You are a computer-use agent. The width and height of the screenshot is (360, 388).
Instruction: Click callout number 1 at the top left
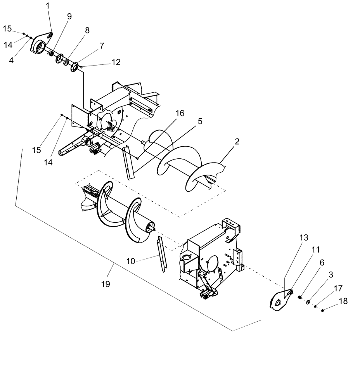tap(48, 6)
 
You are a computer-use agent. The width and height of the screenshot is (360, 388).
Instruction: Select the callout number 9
tap(69, 16)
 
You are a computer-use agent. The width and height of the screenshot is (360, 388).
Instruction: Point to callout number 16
tap(180, 113)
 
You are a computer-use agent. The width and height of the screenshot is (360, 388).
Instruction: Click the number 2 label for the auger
tap(237, 142)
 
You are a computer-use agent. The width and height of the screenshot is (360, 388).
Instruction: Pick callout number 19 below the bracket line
tap(105, 284)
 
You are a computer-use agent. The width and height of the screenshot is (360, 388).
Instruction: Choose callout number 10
tap(131, 262)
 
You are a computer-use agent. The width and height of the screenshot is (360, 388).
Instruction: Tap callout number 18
tap(332, 301)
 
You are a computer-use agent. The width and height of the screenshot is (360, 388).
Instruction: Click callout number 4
tap(11, 61)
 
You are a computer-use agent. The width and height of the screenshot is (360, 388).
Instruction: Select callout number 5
tap(200, 121)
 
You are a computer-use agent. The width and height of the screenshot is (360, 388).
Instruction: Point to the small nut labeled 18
tap(323, 310)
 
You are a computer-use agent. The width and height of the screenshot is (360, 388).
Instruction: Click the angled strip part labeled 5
tap(127, 162)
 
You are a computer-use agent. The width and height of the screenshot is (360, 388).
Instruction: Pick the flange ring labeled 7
tap(74, 68)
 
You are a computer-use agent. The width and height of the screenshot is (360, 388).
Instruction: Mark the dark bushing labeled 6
tap(300, 298)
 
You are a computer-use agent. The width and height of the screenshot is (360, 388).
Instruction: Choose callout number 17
tap(338, 289)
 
